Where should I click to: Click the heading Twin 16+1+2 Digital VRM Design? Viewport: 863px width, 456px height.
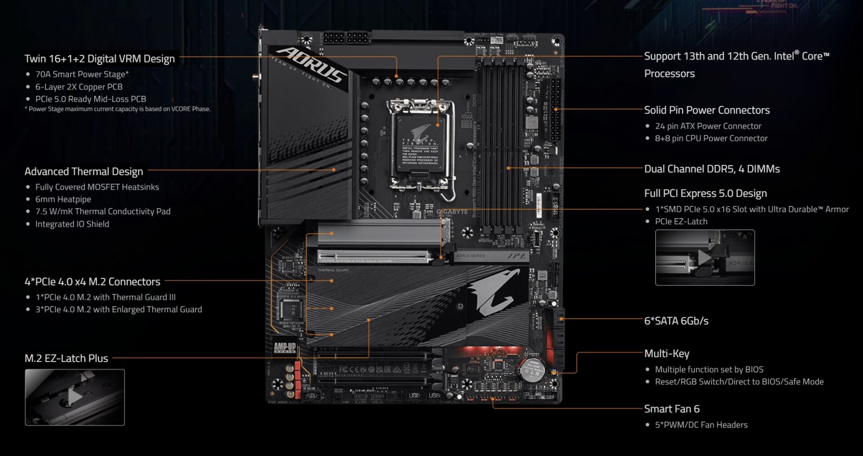tap(99, 59)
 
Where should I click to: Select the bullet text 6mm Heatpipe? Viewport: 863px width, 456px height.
tap(63, 199)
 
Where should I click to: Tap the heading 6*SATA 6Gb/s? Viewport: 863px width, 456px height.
tap(676, 321)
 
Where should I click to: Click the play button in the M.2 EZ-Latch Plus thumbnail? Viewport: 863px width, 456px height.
tap(75, 397)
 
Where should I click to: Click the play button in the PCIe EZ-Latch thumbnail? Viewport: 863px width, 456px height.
tap(704, 258)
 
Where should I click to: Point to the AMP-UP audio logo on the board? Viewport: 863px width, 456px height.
tap(285, 347)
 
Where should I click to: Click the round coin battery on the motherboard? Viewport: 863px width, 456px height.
tap(533, 370)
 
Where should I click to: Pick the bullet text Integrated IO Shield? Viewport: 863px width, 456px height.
tap(72, 224)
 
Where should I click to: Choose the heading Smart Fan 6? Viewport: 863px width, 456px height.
tap(672, 409)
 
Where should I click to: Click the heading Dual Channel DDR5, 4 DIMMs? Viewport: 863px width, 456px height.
tap(712, 169)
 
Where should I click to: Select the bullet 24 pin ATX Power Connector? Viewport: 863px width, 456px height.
tap(708, 126)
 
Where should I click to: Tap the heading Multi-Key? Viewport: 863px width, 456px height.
tap(667, 354)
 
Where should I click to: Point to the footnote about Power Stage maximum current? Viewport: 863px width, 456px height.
tap(117, 109)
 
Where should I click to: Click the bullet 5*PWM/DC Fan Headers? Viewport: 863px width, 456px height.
tap(701, 425)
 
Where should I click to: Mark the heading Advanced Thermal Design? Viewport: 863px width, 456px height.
tap(84, 172)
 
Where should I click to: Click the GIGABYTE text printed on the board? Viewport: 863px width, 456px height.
tap(452, 212)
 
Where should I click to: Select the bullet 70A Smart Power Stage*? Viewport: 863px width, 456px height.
tap(82, 74)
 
